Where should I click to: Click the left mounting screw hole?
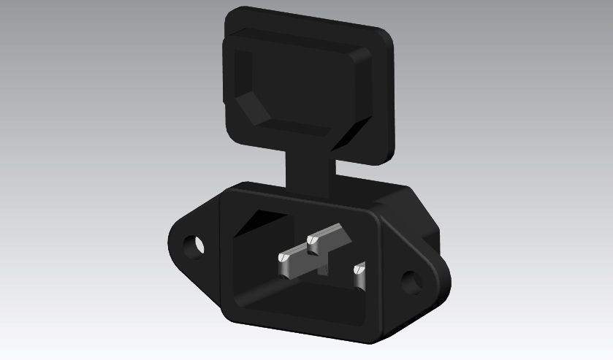coord(195,245)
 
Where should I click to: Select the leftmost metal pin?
coord(296,261)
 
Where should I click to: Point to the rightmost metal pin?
coord(359,276)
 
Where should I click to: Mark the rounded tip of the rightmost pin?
coord(358,270)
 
